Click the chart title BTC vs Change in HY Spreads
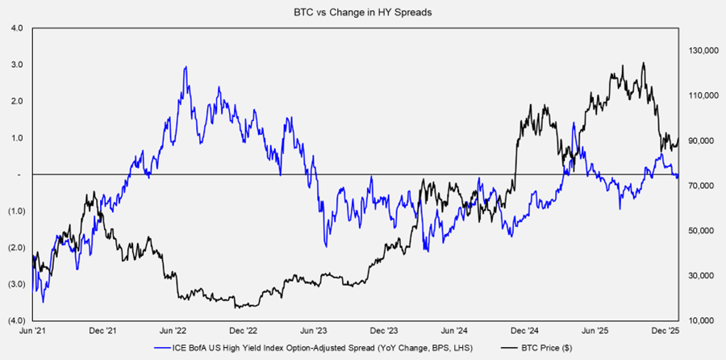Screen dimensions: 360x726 coord(362,12)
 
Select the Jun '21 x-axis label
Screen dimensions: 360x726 coord(32,331)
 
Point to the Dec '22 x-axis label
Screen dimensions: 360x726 coord(243,331)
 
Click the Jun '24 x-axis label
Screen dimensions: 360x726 coord(454,331)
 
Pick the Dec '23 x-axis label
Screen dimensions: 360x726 coord(384,331)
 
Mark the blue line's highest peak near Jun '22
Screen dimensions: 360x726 coord(186,67)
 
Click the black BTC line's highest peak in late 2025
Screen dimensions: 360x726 coord(643,63)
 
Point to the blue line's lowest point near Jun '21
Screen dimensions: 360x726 coord(42,303)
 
